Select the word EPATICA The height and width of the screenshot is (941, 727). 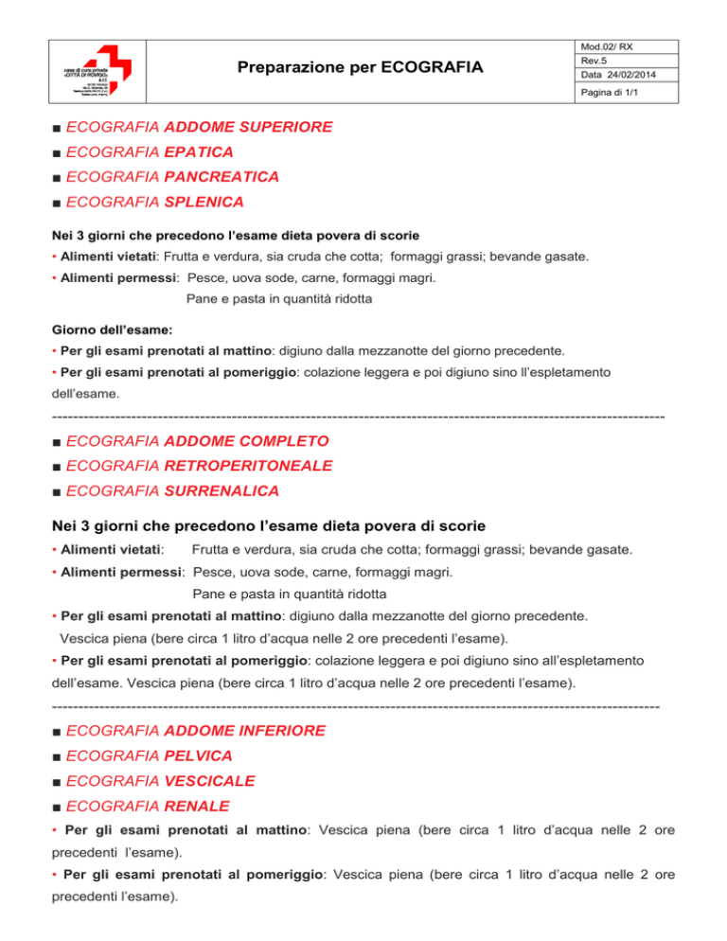(x=199, y=151)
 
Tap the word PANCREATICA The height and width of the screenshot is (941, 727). (x=222, y=176)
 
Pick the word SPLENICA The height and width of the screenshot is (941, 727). (x=204, y=202)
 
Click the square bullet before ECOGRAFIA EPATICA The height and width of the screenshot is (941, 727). (x=59, y=151)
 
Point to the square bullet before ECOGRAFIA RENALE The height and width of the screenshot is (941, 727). (x=59, y=808)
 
